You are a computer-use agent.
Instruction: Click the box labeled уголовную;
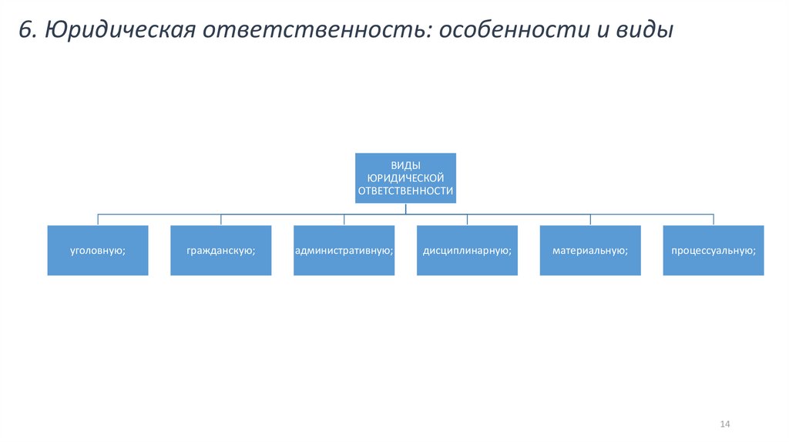97,250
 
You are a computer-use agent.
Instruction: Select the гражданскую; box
220,250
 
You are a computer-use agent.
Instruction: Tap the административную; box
344,250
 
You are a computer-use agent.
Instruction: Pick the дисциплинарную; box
467,250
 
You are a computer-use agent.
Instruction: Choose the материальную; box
590,250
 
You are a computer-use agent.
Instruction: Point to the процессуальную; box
713,250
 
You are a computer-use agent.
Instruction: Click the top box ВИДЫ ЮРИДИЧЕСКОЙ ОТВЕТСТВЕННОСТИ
405,178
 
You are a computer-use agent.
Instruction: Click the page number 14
724,424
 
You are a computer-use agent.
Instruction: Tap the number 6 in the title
25,30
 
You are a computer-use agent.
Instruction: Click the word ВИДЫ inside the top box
405,166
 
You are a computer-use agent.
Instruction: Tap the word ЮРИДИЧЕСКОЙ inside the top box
405,178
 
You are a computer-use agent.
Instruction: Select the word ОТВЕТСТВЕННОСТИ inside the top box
405,189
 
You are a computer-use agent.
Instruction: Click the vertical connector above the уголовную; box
97,219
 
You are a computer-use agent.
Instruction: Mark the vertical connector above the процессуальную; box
713,219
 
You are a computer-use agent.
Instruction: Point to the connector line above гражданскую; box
220,219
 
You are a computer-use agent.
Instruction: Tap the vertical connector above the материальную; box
590,219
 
